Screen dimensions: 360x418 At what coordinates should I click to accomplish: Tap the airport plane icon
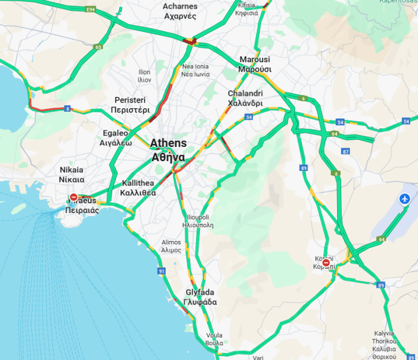405,199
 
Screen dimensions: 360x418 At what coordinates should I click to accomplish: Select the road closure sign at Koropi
325,263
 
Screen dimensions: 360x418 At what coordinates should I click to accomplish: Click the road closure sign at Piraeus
74,198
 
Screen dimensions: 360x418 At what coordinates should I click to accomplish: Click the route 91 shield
162,271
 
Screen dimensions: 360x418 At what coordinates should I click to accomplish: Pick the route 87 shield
346,151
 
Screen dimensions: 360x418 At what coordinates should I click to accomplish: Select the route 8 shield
67,108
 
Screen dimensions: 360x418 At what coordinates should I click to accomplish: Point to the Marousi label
255,64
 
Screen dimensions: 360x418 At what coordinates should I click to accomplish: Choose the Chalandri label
245,99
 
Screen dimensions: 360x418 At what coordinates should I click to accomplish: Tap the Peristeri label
132,104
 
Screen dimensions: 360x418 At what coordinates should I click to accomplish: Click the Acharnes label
180,11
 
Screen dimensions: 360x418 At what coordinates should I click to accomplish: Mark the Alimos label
171,246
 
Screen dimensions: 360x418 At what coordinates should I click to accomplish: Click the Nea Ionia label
195,71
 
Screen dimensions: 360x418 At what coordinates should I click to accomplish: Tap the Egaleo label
117,138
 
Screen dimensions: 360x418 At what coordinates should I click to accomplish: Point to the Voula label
214,339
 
